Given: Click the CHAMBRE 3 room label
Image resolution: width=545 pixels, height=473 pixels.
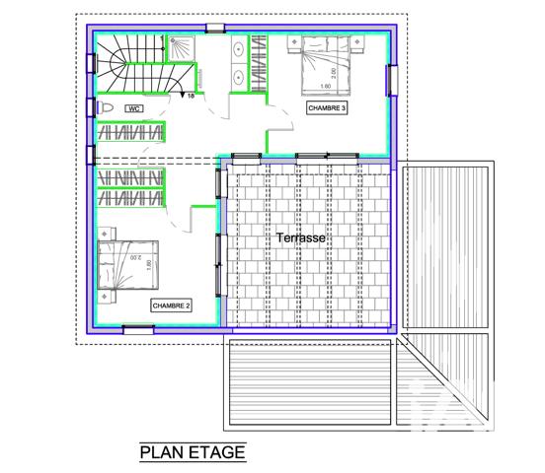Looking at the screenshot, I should tap(326, 108).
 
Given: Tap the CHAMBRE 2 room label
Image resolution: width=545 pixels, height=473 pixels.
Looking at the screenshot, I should tap(171, 305).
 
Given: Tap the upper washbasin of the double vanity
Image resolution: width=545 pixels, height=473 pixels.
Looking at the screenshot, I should tap(241, 48).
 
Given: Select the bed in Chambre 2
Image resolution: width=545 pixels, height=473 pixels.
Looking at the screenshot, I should tap(131, 263).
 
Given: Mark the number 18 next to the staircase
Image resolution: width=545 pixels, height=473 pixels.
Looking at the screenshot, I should tap(191, 97).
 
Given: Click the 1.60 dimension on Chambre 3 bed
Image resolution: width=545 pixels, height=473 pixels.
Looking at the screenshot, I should tap(326, 87).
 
